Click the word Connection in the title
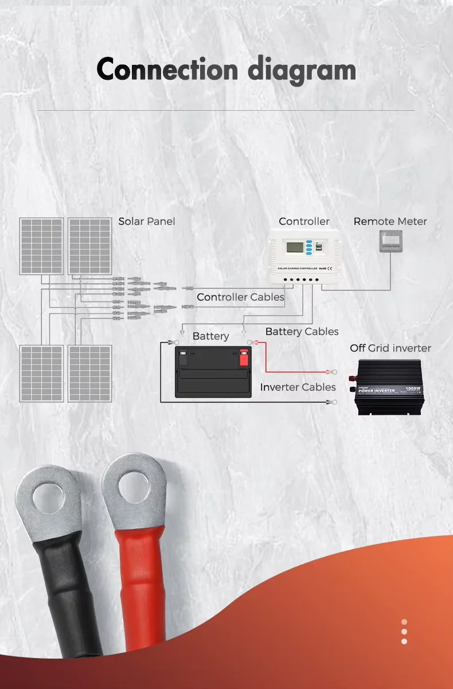coord(167,70)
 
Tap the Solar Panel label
coord(147,221)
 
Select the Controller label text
coord(304,221)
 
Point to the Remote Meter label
coord(390,221)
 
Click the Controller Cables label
coord(240,297)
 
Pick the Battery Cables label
coord(302,332)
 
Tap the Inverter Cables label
coord(298,387)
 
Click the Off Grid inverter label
coord(390,348)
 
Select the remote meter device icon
coord(390,242)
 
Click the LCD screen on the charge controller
coord(295,248)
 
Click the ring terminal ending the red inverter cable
coord(329,372)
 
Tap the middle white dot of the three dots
coord(404,632)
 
